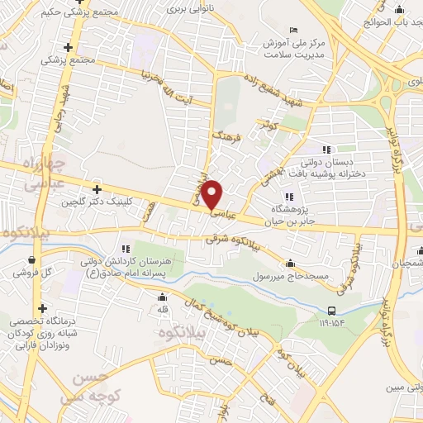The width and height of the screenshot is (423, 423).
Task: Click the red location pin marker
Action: click(x=213, y=193)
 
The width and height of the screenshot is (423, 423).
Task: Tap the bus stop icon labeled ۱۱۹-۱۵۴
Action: click(x=331, y=311)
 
